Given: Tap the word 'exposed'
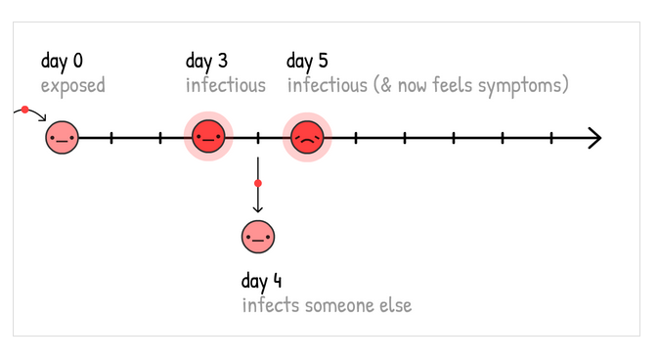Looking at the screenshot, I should click(72, 85).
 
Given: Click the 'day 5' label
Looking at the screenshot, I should click(307, 62).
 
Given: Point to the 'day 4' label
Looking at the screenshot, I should click(261, 282).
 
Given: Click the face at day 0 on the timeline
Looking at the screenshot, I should click(62, 138).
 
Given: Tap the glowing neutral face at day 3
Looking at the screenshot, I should click(208, 138).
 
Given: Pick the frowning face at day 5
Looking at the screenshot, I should click(306, 138).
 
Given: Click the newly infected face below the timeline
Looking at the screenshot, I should click(258, 237).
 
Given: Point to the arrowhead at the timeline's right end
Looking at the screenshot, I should click(594, 138).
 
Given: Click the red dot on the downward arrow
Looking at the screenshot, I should click(258, 183).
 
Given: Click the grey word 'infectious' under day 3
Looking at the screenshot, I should click(226, 85).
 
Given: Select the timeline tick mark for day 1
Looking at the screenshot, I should click(110, 138).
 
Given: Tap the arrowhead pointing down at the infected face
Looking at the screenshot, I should click(258, 209).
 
